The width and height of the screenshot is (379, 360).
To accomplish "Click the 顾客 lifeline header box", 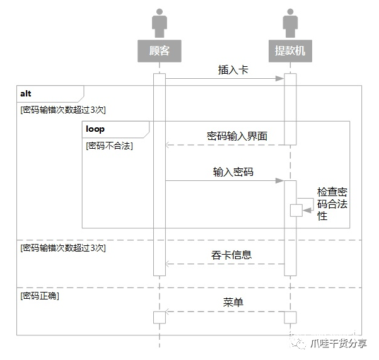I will [160, 50].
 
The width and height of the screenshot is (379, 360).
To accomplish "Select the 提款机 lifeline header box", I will [290, 50].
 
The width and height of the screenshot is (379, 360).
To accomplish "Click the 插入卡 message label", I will [233, 70].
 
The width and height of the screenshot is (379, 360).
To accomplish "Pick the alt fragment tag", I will [26, 93].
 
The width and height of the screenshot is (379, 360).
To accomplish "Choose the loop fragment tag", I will [95, 129].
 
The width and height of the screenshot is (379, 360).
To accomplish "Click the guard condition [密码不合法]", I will [110, 145].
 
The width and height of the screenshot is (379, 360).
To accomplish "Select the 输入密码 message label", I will [233, 171].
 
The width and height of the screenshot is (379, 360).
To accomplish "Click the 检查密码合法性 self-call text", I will [332, 204].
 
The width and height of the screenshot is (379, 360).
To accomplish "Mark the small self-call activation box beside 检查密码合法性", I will [296, 211].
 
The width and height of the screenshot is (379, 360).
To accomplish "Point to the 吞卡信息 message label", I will [231, 255].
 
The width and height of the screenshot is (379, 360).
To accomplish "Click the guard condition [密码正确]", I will [40, 295].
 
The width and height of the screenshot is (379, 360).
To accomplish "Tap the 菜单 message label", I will [233, 303].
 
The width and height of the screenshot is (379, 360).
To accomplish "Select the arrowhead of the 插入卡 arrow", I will [281, 79].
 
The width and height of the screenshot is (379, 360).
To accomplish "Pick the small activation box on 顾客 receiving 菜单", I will [160, 317].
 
